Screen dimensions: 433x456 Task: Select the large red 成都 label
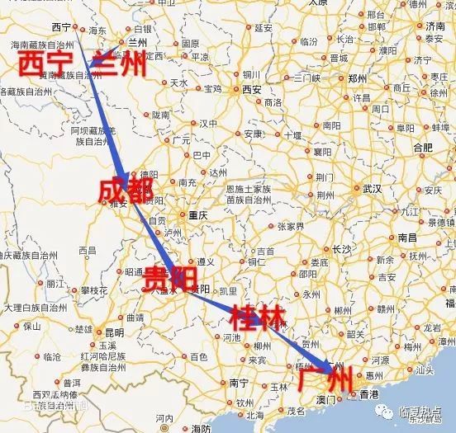[x=126, y=191]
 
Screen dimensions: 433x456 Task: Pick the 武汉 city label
[x=372, y=189]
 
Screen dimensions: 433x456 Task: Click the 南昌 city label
[x=406, y=236]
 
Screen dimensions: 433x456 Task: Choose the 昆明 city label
[x=114, y=332]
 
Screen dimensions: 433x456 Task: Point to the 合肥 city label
[x=422, y=147]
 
